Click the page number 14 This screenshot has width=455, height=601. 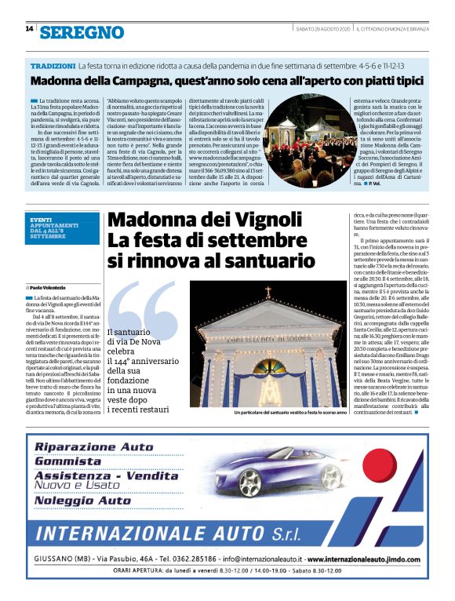click(x=29, y=29)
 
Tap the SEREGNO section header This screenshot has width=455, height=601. click(x=82, y=32)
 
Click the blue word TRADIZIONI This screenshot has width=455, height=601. click(x=53, y=67)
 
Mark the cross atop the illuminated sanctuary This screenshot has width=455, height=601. click(x=268, y=292)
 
